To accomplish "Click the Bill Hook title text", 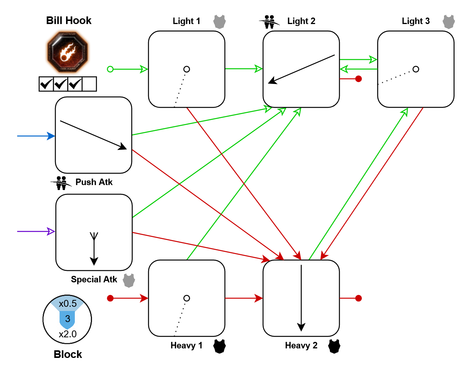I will coord(69,21).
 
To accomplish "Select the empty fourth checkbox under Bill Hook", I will coord(89,84).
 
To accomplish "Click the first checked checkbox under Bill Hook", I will coord(46,84).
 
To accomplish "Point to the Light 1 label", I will coord(186,21).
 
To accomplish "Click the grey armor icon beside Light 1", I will coord(219,22).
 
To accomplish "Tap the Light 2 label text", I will coord(301,21).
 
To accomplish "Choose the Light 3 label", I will coord(416,21).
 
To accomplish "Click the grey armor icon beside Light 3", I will coord(449,22).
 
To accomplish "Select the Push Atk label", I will coord(94,182).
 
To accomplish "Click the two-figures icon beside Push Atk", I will coord(61,183).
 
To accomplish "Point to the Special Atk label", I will coord(94,280).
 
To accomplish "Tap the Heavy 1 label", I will coord(186,346).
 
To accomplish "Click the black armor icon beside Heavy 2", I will coord(334,346).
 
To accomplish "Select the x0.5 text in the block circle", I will coord(68,304).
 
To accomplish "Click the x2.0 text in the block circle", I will coord(68,334).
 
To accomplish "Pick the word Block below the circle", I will coord(68,354).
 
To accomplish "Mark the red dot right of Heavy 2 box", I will coord(358,298).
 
